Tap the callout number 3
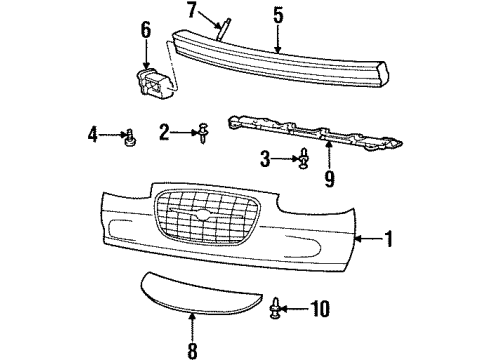(x=265, y=157)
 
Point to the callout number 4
(x=91, y=132)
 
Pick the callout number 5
(x=279, y=16)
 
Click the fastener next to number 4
(x=130, y=138)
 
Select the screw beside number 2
(x=202, y=131)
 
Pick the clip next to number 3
(x=301, y=157)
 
